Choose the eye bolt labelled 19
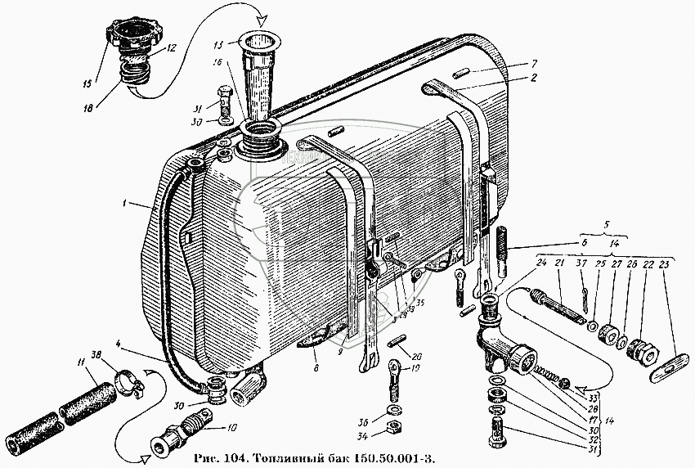(x=392, y=372)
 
